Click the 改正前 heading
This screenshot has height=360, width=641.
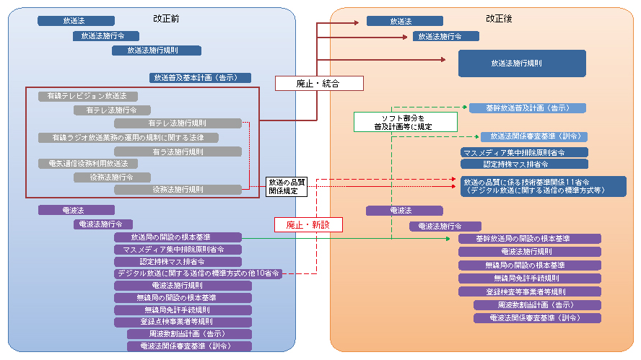coord(167,18)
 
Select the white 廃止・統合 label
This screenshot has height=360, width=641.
coord(318,84)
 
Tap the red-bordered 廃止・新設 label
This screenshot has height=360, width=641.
coord(308,224)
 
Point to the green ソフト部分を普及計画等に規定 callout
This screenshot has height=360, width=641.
coord(393,121)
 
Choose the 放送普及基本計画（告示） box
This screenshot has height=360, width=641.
coord(201,77)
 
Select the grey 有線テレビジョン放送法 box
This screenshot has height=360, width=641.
coord(87,96)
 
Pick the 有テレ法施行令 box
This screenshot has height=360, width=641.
coord(112,110)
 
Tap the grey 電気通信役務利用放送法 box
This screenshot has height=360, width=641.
coord(87,164)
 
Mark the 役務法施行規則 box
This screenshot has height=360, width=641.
coord(178,190)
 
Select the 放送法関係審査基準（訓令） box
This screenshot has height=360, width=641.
coord(534,136)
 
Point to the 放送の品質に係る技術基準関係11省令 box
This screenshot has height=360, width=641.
coord(544,186)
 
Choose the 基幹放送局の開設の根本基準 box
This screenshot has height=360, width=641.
coord(529,238)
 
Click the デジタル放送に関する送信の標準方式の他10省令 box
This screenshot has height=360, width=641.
coord(197,273)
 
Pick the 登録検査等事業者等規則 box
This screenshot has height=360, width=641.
coord(529,291)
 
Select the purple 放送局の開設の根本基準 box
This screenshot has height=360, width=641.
coord(177,237)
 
